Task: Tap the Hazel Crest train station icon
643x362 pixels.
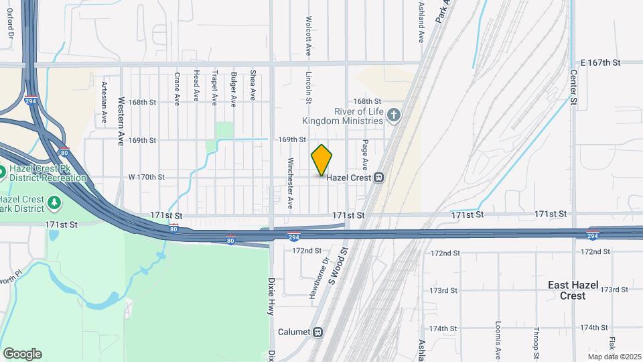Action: click(378, 177)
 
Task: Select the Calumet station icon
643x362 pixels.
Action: click(318, 332)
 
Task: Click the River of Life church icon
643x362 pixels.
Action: click(394, 116)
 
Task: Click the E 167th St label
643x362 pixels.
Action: click(600, 62)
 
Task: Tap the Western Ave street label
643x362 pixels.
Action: click(121, 112)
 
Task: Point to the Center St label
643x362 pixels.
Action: click(573, 87)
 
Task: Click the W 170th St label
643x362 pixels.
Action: click(146, 177)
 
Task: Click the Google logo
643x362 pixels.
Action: click(22, 353)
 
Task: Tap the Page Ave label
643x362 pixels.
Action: click(366, 154)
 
